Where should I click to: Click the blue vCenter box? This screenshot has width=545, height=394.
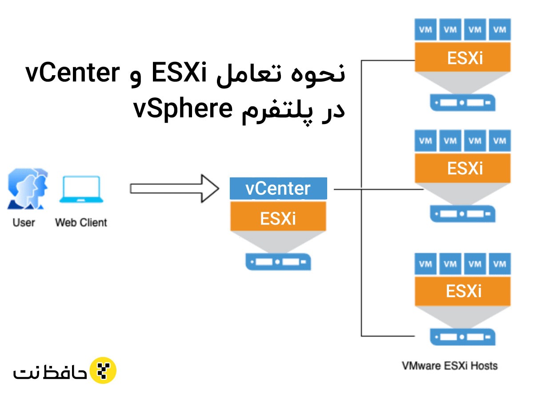(278, 189)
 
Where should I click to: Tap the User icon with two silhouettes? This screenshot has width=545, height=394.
(28, 189)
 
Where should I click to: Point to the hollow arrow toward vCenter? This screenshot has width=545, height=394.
(174, 189)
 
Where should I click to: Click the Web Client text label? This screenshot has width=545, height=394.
(81, 222)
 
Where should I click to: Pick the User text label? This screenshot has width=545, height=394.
(24, 222)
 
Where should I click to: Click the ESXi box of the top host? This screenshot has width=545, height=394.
(463, 57)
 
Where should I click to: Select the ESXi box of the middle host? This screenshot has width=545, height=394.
(463, 169)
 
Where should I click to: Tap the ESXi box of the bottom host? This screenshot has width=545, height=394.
(463, 291)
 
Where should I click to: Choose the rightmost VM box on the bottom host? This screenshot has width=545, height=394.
(500, 264)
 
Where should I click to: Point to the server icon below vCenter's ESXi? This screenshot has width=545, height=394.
(278, 261)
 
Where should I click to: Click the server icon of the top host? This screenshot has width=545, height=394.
(463, 102)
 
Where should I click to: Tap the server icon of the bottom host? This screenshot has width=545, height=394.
(463, 337)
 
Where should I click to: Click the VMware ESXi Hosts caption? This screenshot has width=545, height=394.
(449, 366)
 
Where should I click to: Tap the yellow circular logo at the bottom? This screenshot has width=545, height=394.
(103, 370)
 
